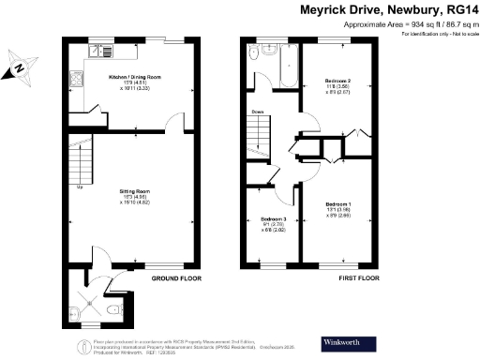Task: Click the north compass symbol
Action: (21, 67)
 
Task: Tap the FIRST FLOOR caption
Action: (356, 278)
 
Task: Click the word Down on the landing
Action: (257, 112)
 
